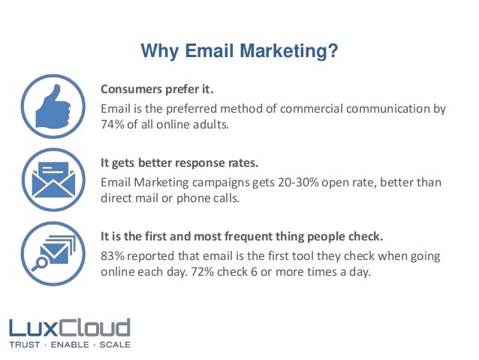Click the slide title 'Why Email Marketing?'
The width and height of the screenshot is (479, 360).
239,52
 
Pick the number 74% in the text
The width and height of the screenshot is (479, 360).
113,124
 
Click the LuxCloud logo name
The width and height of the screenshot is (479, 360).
70,328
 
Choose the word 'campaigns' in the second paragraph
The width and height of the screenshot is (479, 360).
219,182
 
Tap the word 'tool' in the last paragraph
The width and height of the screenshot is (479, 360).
303,255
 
